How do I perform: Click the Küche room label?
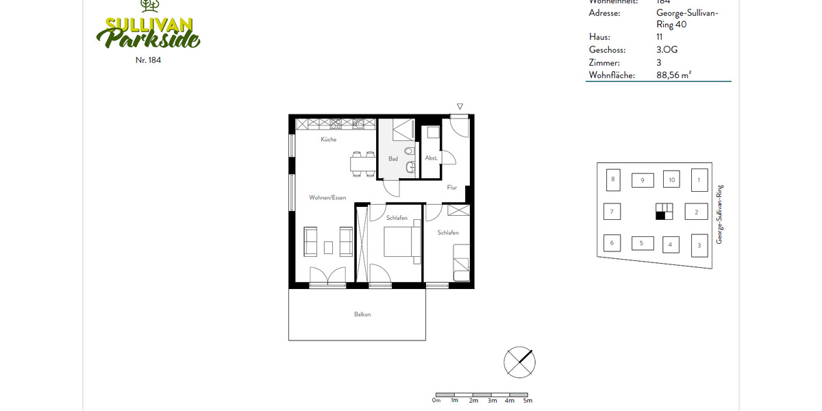[x=328, y=140]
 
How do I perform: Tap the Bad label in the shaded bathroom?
[x=393, y=159]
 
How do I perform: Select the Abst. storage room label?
[x=431, y=158]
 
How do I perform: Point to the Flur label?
[x=451, y=187]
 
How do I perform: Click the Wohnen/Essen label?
[x=327, y=197]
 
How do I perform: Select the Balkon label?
[x=362, y=314]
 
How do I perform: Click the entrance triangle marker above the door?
[x=460, y=106]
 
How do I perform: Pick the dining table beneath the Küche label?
[x=362, y=164]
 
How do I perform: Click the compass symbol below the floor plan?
[x=519, y=361]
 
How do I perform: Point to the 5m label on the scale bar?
[x=527, y=400]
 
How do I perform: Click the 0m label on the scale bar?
[x=436, y=400]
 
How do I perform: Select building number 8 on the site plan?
[x=612, y=180]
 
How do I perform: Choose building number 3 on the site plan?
[x=699, y=245]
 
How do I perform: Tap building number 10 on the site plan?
[x=671, y=180]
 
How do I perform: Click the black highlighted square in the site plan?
[x=660, y=216]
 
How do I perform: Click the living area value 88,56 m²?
[x=673, y=75]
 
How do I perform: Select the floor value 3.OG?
[x=667, y=50]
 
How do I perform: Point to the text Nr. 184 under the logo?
[x=149, y=60]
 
